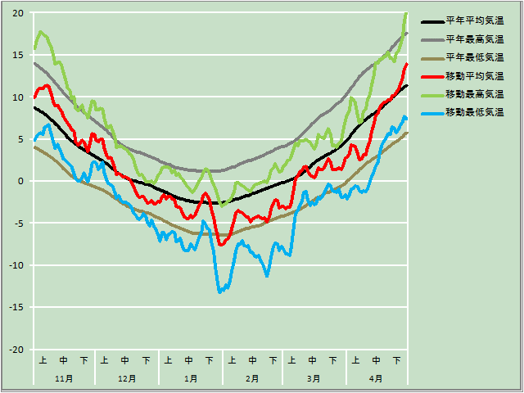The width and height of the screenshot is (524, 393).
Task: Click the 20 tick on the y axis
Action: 17,13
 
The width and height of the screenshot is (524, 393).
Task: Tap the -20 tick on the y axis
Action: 16,350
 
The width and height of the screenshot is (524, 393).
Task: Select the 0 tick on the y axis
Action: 21,182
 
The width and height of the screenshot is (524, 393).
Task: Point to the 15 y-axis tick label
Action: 17,55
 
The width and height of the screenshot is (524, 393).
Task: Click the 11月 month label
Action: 64,379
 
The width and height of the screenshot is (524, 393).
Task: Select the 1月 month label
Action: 190,379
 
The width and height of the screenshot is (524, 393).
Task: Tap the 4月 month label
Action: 376,379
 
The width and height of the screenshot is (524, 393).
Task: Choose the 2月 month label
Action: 252,379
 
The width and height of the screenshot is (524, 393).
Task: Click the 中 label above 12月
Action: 125,360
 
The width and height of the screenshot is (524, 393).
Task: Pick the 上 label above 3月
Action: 292,360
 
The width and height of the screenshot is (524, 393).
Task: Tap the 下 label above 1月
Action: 210,360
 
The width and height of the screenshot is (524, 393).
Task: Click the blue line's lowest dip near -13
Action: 219,291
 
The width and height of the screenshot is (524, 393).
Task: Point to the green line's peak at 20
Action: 405,14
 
